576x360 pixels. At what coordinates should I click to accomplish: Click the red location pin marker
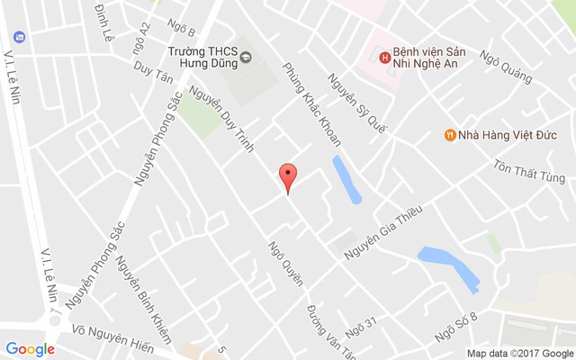click(287, 176)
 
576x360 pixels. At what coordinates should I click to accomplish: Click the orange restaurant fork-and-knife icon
click(449, 135)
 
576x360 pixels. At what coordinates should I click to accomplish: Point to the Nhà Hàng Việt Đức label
click(508, 135)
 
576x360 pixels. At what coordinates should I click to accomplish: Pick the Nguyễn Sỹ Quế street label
click(356, 103)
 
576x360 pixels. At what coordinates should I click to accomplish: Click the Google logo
click(30, 348)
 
